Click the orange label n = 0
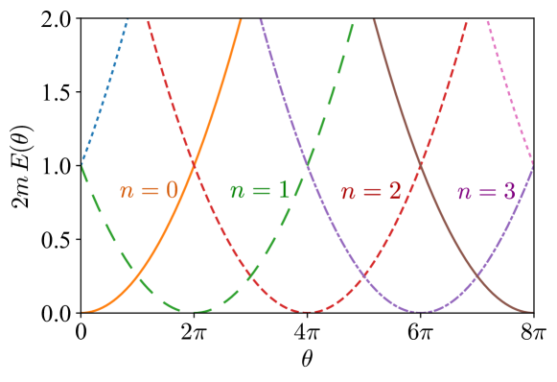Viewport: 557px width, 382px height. click(149, 190)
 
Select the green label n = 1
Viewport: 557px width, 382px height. click(260, 190)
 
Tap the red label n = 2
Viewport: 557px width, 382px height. click(371, 191)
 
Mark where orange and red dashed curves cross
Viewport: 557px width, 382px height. click(195, 166)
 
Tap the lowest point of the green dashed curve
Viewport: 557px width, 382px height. click(196, 311)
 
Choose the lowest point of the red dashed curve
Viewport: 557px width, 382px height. click(308, 311)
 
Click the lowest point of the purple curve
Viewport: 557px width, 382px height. click(420, 311)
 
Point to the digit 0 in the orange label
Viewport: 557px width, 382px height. click(172, 190)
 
